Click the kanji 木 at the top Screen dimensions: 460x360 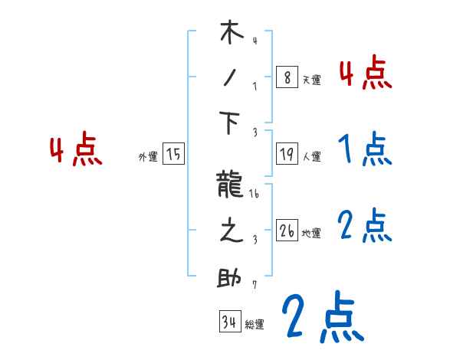(x=232, y=34)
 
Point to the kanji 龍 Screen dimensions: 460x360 (x=232, y=187)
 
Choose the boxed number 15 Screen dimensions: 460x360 (x=173, y=154)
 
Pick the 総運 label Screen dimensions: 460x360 (x=255, y=325)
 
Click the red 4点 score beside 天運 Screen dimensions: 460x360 (x=365, y=74)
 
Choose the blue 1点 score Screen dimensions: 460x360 (x=365, y=149)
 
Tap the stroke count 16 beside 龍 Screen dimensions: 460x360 (x=255, y=195)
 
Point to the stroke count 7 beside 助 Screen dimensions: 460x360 (x=254, y=285)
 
